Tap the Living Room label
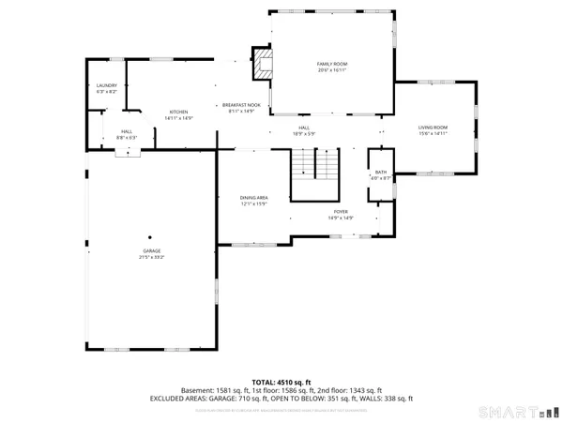click(433, 128)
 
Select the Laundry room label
click(106, 85)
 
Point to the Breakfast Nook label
click(242, 105)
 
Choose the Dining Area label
click(254, 198)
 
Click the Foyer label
click(341, 213)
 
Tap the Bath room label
click(381, 173)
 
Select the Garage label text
click(152, 251)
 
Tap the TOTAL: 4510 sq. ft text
click(281, 382)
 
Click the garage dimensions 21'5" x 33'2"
click(152, 257)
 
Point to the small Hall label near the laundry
click(127, 132)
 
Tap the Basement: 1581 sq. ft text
click(210, 390)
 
